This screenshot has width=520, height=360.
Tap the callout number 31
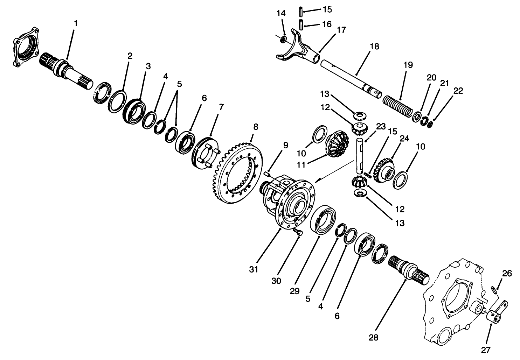pyautogui.click(x=254, y=269)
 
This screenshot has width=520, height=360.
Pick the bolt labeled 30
pyautogui.click(x=298, y=232)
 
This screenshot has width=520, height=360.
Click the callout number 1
pyautogui.click(x=76, y=24)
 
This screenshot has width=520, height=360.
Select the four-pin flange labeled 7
pyautogui.click(x=205, y=154)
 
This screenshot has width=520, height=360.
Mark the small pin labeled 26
pyautogui.click(x=494, y=290)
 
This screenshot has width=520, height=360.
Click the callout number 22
pyautogui.click(x=458, y=91)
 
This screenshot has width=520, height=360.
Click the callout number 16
pyautogui.click(x=327, y=24)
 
